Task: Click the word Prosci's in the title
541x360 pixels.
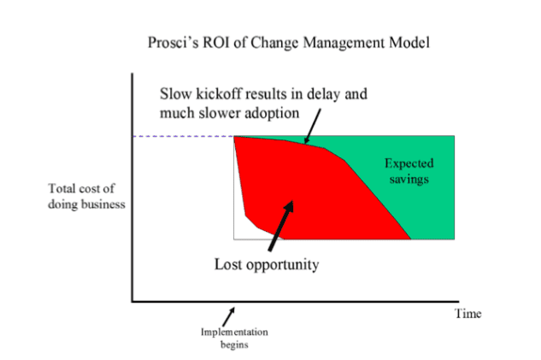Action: point(173,43)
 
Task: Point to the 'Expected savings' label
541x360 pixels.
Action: point(409,171)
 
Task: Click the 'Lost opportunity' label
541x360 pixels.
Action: point(267,265)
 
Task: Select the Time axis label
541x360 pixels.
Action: point(467,314)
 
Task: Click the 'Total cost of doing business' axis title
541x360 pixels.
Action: point(86,196)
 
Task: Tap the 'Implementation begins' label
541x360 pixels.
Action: point(234,339)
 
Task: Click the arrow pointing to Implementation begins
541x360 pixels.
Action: point(228,317)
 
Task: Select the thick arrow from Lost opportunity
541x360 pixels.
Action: point(281,226)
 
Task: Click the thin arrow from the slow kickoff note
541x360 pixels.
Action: point(313,126)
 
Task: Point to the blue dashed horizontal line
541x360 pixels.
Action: point(183,136)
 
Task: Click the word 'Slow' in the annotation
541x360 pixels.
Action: point(175,94)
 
